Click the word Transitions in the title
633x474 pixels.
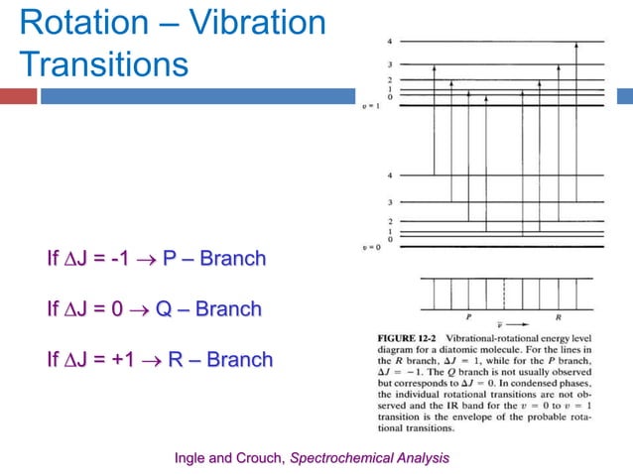pos(103,65)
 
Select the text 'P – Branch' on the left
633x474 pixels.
pos(214,259)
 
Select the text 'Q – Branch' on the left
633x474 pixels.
pos(210,309)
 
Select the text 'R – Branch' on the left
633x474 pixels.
pos(219,359)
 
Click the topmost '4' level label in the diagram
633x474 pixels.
pos(390,42)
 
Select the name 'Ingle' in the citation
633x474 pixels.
pos(192,457)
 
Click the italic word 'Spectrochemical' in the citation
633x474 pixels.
pos(336,457)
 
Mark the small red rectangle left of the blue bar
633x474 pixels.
pos(18,96)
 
